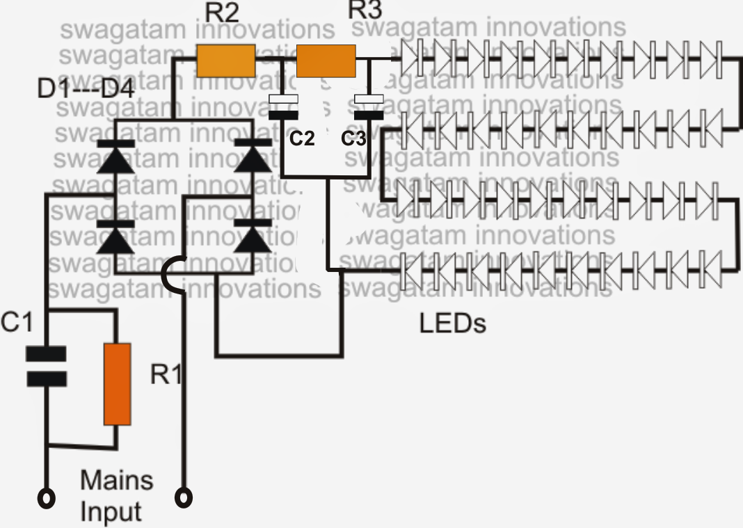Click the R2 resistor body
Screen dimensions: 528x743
225,61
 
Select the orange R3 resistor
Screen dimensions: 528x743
326,61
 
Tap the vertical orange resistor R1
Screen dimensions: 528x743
118,383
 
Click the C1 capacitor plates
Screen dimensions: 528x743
47,367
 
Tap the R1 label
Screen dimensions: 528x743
166,374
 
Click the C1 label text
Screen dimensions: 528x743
16,323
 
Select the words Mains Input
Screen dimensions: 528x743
116,495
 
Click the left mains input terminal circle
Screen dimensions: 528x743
47,498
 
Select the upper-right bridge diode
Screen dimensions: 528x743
253,158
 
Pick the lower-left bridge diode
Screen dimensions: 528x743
115,238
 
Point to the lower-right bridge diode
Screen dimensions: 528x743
253,238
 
